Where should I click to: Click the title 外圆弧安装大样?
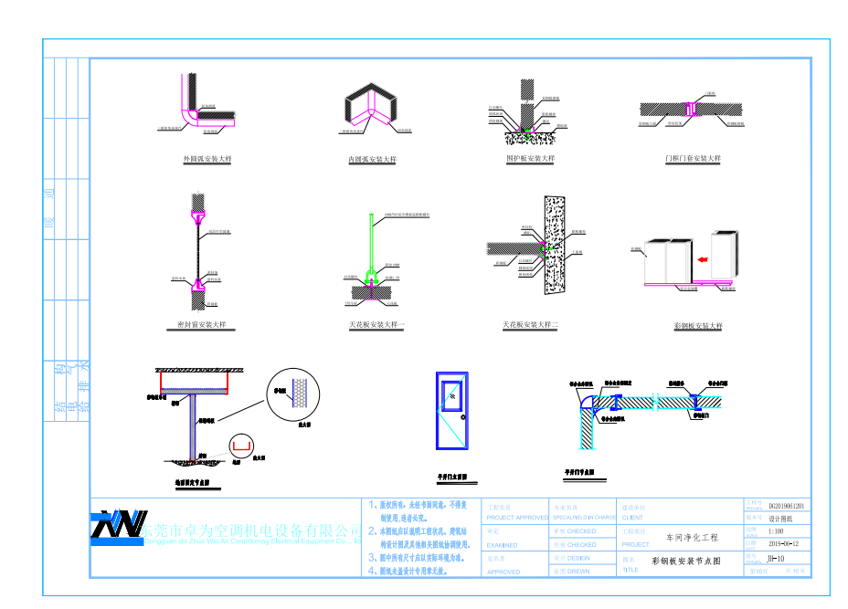(x=207, y=160)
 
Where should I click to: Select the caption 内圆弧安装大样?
(x=372, y=160)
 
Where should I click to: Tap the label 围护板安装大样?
(x=530, y=159)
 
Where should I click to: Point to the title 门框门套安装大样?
(x=694, y=159)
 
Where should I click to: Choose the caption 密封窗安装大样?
(x=201, y=325)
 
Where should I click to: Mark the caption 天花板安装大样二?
(x=530, y=325)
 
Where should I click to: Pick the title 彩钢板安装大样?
(x=697, y=326)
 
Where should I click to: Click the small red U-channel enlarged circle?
(x=240, y=445)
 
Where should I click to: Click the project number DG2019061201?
(x=786, y=505)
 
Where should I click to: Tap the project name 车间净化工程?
(x=692, y=538)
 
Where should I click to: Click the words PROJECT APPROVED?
(x=517, y=517)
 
